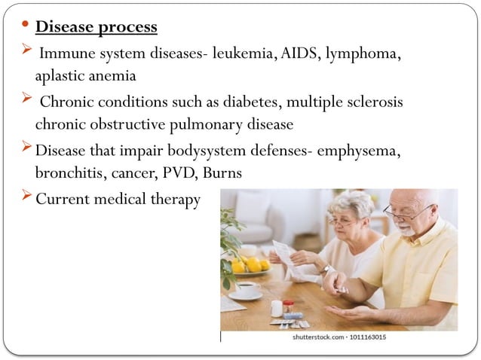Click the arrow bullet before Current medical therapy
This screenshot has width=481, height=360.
click(x=25, y=197)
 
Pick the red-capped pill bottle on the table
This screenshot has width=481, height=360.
click(x=288, y=307)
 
